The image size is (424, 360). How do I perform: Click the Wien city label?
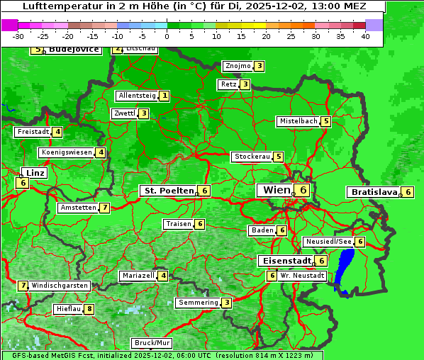click(276, 190)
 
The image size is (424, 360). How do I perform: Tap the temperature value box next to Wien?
click(303, 190)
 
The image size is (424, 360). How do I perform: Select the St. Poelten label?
click(167, 191)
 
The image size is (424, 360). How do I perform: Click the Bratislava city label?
click(374, 192)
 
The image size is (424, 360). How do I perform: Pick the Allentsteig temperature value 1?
click(164, 96)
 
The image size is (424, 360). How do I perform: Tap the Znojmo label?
click(238, 66)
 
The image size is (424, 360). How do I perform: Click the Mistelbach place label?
click(298, 121)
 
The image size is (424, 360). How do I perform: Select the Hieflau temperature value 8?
click(89, 309)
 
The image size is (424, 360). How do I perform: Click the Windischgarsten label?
click(60, 286)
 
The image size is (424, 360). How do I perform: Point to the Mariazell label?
click(138, 276)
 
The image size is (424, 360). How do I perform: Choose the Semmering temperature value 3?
click(226, 303)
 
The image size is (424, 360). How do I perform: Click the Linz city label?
click(35, 173)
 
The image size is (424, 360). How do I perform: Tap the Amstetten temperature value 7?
click(104, 208)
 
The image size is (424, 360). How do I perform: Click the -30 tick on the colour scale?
click(18, 36)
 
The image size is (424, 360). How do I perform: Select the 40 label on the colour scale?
click(365, 36)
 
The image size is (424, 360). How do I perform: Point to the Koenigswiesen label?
click(67, 152)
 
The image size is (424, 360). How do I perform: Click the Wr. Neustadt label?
click(302, 275)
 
